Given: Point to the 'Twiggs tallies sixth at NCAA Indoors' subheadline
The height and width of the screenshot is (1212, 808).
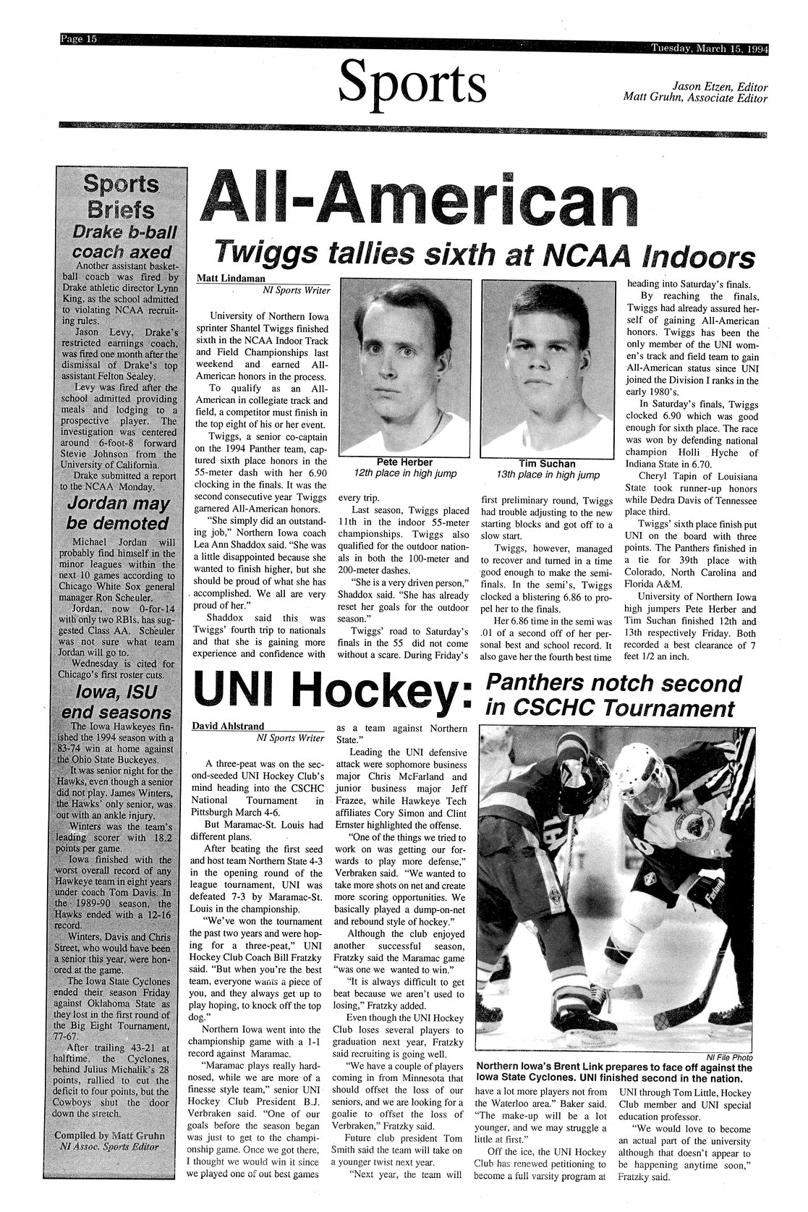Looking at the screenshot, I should click(482, 255).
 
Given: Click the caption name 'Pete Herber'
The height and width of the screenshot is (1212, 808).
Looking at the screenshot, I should click(404, 462).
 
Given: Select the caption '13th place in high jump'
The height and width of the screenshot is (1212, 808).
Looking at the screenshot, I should click(548, 475).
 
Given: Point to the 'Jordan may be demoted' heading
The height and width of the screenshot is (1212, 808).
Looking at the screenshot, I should click(119, 514).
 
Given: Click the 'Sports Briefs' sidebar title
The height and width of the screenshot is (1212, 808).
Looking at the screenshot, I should click(121, 198).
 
